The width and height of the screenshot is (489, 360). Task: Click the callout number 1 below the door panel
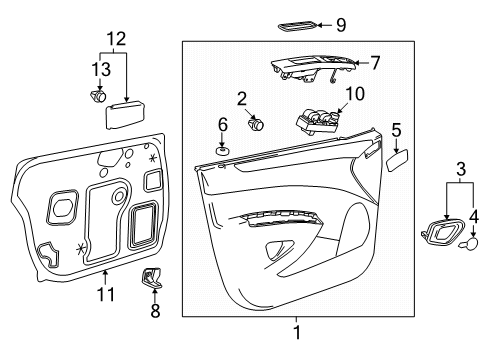(295, 331)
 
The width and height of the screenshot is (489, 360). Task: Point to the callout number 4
(474, 214)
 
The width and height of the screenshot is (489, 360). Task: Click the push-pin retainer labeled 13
(98, 96)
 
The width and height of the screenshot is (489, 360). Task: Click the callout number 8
(153, 312)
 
